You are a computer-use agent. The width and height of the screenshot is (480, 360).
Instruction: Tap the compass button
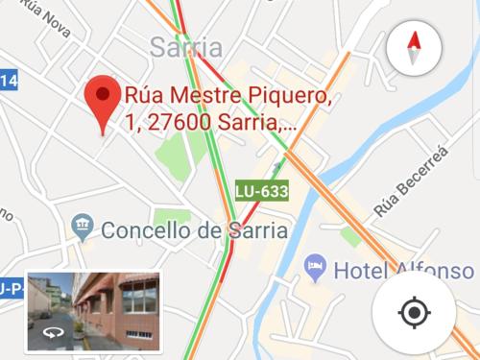[x=414, y=47]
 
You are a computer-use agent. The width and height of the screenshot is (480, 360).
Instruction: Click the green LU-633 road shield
[x=261, y=191]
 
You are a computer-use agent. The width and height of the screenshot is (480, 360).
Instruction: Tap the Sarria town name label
[x=186, y=48]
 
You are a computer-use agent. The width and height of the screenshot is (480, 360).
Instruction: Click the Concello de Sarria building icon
[x=84, y=228]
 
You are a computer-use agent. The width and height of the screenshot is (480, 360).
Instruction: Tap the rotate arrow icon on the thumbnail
[x=51, y=335]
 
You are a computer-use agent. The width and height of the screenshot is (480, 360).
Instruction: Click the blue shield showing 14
[x=8, y=83]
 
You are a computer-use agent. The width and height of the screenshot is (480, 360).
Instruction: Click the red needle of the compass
[x=414, y=40]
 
